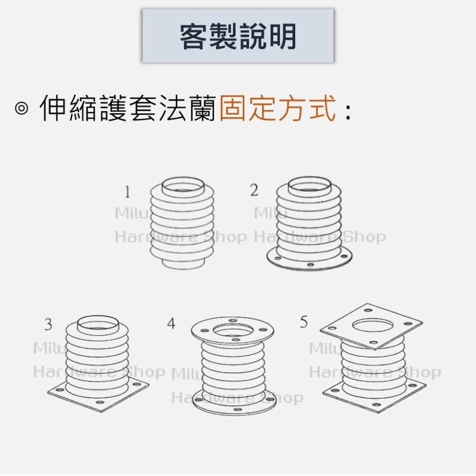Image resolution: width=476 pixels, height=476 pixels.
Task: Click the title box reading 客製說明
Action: (238, 36)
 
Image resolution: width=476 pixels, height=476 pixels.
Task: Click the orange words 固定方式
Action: (278, 108)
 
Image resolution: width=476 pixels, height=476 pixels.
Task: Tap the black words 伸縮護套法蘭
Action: (128, 108)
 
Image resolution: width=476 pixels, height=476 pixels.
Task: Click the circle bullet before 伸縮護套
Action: (21, 109)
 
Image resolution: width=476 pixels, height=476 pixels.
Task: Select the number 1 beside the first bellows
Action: (127, 193)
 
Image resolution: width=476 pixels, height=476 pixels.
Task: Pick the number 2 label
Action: (254, 190)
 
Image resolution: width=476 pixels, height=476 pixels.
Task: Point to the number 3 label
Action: (48, 324)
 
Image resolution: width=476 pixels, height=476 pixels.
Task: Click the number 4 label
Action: (171, 323)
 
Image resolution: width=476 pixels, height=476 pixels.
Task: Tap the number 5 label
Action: (304, 321)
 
